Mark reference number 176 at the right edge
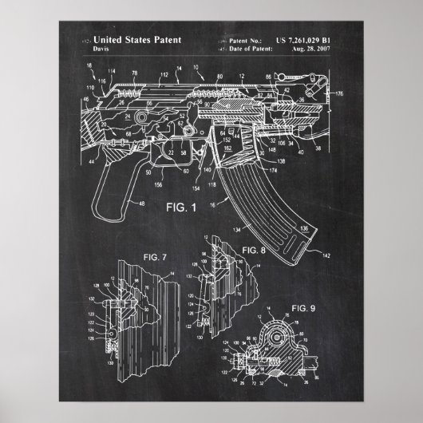338,94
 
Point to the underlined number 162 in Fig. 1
227,147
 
